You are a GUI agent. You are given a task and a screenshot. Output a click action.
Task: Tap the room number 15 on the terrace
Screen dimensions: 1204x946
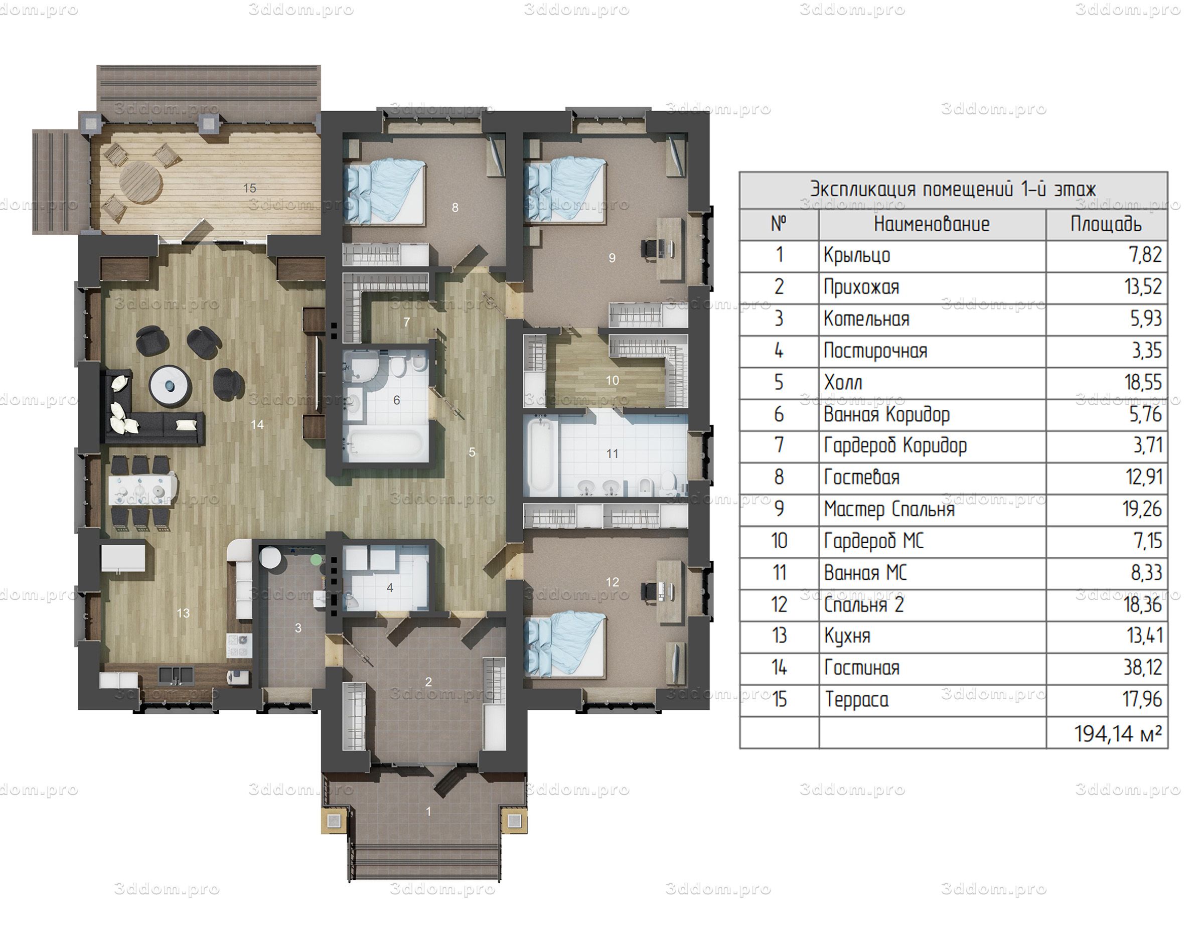(250, 188)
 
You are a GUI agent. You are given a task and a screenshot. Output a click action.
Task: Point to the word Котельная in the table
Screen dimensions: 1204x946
(866, 319)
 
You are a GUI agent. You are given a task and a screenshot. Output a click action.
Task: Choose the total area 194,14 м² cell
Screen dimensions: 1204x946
(1118, 734)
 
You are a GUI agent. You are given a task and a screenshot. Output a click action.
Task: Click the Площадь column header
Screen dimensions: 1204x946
(1106, 224)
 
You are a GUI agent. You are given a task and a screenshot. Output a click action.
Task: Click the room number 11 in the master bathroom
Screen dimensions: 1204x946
(612, 453)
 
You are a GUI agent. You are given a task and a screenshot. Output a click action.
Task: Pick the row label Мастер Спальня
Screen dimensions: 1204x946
(889, 509)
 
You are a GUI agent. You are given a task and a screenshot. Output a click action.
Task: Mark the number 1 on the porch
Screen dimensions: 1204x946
(428, 812)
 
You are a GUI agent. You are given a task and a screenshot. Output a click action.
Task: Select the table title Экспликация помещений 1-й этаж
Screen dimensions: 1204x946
(953, 190)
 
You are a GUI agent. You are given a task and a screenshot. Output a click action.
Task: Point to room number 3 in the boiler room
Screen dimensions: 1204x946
(298, 628)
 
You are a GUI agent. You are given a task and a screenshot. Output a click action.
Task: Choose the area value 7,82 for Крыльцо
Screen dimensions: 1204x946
(1145, 255)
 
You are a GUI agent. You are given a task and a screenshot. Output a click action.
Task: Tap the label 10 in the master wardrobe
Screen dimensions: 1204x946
(612, 381)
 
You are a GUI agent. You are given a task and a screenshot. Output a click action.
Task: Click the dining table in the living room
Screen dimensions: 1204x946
(143, 489)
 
